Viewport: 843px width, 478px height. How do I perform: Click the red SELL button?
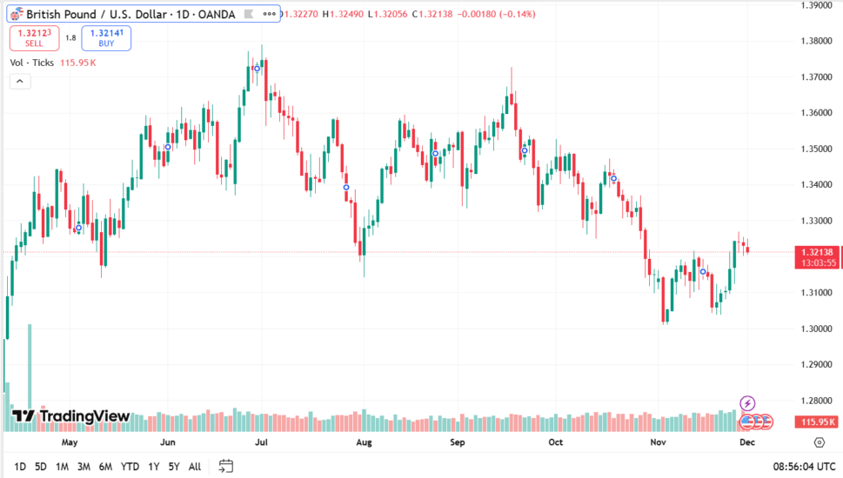click(x=34, y=37)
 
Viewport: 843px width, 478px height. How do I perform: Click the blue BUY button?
click(x=106, y=37)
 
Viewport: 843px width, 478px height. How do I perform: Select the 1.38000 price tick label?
click(x=817, y=41)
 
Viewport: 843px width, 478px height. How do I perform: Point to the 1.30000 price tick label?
click(x=817, y=329)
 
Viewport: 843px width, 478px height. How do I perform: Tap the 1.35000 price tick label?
click(x=817, y=149)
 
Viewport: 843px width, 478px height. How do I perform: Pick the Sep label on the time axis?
click(x=458, y=441)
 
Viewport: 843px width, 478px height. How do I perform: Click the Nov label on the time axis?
click(x=658, y=441)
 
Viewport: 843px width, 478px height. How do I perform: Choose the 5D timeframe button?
click(x=41, y=467)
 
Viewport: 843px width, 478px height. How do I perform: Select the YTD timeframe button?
click(x=130, y=467)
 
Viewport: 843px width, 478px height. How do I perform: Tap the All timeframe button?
click(x=195, y=467)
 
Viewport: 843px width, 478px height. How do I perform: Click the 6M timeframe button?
click(x=105, y=467)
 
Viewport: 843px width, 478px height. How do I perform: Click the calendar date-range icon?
click(x=226, y=466)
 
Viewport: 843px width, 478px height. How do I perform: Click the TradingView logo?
click(x=71, y=416)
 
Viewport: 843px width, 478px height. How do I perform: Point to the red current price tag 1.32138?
click(x=817, y=252)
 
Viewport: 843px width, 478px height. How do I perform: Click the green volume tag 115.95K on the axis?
click(x=817, y=422)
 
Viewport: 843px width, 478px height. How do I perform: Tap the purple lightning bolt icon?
click(x=747, y=403)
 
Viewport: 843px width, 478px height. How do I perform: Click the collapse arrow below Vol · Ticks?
click(x=20, y=81)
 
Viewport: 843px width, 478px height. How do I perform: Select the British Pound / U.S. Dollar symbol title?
click(x=130, y=14)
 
